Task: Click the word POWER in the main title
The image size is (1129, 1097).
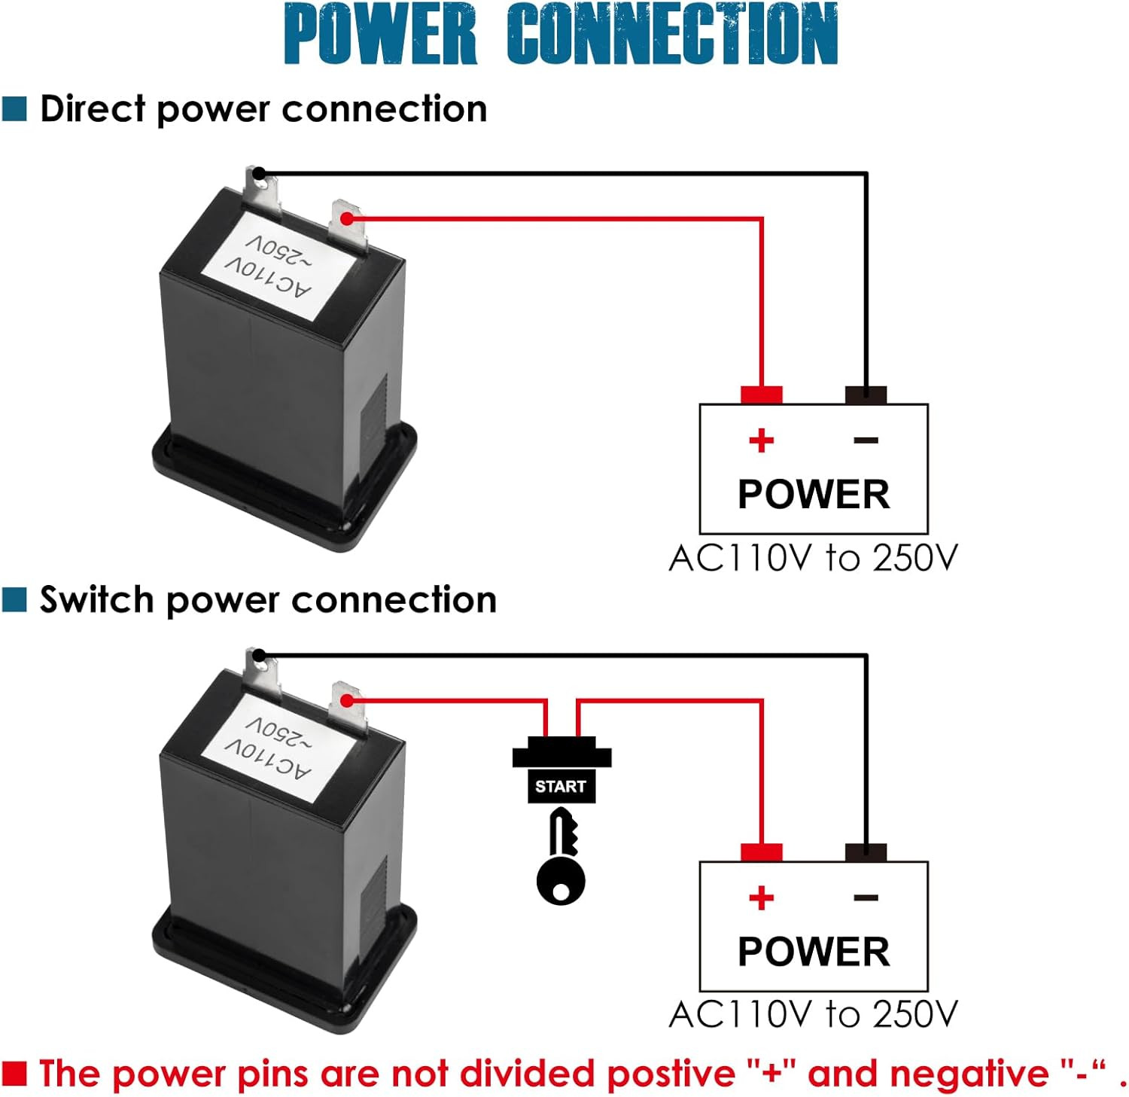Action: click(x=381, y=34)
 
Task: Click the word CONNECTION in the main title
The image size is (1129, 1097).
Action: click(x=673, y=34)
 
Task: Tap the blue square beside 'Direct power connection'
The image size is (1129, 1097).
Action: click(x=14, y=108)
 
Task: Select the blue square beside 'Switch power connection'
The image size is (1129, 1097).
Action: click(x=14, y=600)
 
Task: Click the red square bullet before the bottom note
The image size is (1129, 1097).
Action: click(x=14, y=1073)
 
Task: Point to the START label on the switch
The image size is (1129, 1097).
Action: click(x=561, y=786)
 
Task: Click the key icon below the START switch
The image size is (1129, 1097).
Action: click(x=561, y=857)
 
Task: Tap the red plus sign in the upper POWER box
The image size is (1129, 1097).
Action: click(x=761, y=440)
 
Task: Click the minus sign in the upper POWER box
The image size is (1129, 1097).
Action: click(x=866, y=440)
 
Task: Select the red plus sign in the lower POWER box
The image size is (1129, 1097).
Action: click(x=761, y=897)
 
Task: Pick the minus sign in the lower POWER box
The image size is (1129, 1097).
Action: click(x=866, y=897)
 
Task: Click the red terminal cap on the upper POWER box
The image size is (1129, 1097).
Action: click(x=762, y=395)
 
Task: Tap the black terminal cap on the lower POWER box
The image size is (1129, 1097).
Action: click(x=866, y=852)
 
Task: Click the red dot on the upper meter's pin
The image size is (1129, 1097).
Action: click(x=346, y=218)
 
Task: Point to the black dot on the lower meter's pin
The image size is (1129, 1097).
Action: click(x=258, y=655)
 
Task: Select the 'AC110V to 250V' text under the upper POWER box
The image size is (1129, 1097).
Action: click(x=813, y=558)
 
